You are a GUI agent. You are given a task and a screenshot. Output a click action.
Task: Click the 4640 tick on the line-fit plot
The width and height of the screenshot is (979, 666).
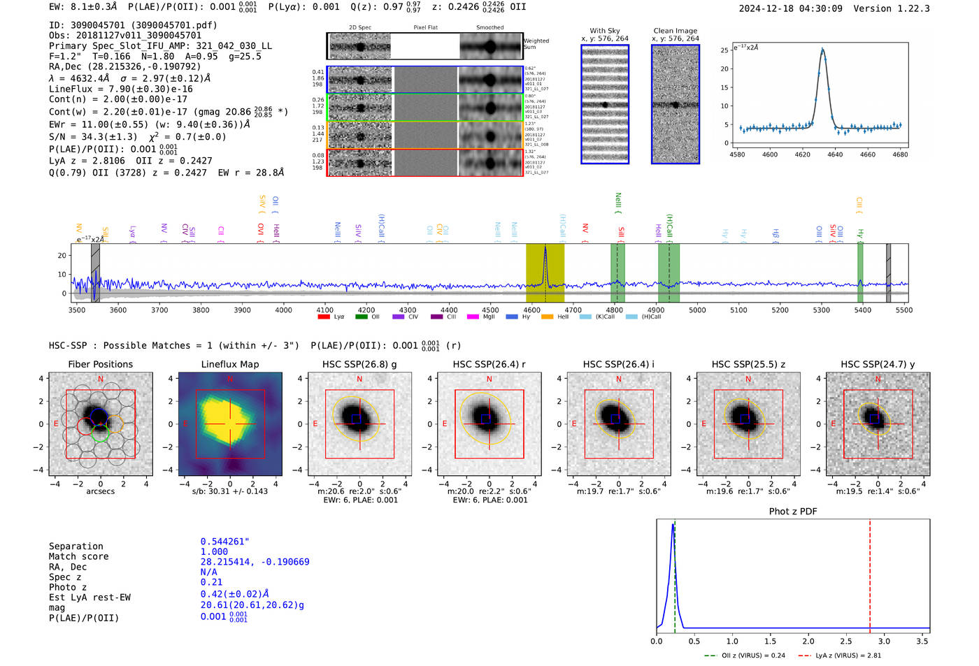[x=835, y=154]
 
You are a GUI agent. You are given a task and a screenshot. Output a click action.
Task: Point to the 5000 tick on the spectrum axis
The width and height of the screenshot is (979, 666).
[x=697, y=310]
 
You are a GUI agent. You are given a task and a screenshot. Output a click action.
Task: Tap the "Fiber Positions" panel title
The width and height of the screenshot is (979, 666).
[x=100, y=364]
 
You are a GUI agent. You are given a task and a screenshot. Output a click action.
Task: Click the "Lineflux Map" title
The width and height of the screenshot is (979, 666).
[x=229, y=364]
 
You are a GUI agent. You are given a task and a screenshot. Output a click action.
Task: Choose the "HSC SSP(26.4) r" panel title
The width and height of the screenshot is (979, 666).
[x=489, y=364]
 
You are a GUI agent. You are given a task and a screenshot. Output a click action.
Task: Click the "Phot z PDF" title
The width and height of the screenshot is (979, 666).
[x=792, y=512]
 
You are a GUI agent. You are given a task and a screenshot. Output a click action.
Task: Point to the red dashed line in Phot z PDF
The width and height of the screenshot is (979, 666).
[x=870, y=573]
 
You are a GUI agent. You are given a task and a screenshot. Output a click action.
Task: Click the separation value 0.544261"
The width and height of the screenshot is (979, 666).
[x=224, y=542]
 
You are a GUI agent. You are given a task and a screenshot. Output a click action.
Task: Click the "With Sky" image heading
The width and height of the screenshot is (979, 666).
[x=604, y=31]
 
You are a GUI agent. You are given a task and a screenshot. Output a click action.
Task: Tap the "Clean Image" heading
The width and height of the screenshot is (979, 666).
[x=675, y=31]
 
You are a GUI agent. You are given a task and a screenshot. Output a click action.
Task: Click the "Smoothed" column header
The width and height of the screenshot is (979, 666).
[x=489, y=28]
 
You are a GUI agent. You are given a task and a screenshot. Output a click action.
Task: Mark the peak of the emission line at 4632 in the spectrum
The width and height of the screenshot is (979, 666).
[x=545, y=247]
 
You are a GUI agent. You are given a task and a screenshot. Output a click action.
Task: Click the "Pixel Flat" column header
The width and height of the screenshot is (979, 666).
[x=425, y=28]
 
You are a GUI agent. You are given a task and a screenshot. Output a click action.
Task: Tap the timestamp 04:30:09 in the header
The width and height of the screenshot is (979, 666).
[x=819, y=8]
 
